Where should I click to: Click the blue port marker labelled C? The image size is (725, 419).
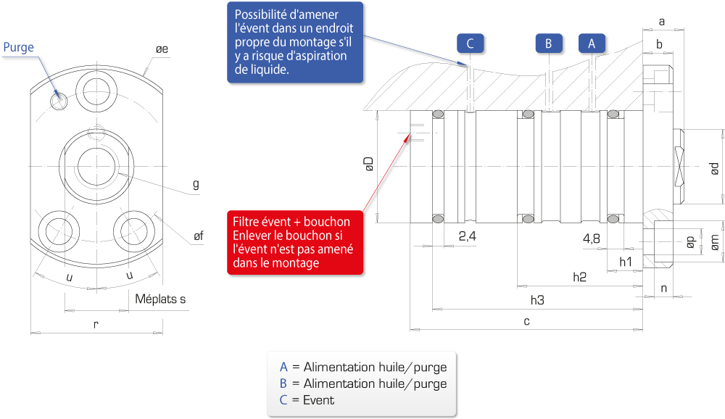tap(470, 43)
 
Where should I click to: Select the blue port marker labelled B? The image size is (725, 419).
tap(549, 43)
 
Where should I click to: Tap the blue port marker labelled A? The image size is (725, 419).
tap(592, 43)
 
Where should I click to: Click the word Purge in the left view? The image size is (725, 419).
tap(19, 47)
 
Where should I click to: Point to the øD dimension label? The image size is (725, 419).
tap(368, 164)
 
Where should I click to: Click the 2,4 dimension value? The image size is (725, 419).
tap(467, 236)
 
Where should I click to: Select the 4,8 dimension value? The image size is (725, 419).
tap(592, 238)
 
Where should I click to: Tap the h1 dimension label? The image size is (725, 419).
tap(625, 262)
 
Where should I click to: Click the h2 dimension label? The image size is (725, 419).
tap(579, 277)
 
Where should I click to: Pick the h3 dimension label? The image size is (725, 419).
tap(537, 300)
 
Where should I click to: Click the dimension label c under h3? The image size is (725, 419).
tap(526, 321)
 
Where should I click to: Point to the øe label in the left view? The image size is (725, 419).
tap(162, 49)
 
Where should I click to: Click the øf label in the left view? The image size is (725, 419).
tap(199, 236)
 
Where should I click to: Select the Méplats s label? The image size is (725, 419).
tap(160, 299)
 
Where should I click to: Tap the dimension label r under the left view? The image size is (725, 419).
tap(96, 325)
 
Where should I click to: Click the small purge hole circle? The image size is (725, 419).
tap(59, 100)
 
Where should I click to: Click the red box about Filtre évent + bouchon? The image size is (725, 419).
tap(295, 242)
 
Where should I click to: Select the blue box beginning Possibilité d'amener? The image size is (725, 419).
tap(295, 42)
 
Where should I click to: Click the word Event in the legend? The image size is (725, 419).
tap(318, 400)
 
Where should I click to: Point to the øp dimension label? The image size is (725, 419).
tap(690, 242)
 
